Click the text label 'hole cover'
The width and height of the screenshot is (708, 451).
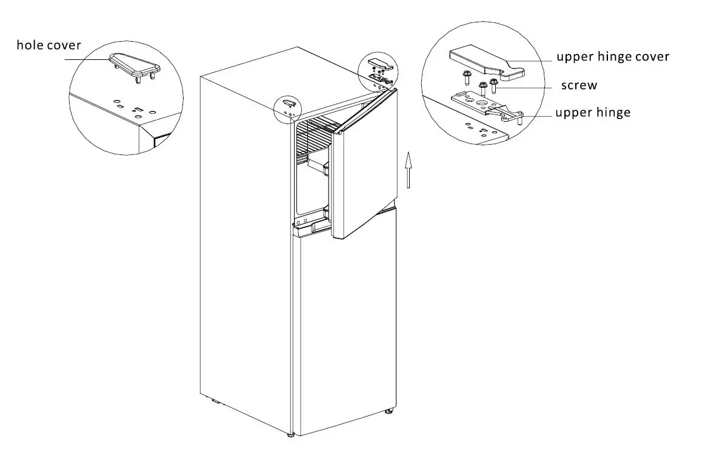point(48,45)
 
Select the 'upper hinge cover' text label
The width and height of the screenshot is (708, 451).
point(613,56)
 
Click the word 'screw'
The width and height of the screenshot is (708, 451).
point(579,85)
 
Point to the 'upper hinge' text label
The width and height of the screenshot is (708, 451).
point(592,112)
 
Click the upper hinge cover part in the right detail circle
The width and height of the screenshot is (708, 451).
point(485,63)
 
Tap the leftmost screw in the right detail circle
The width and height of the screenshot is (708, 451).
point(466,78)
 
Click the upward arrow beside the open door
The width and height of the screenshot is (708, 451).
point(409,170)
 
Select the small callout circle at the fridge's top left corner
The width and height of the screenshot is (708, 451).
point(290,108)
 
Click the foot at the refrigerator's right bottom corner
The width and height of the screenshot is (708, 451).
point(387,411)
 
